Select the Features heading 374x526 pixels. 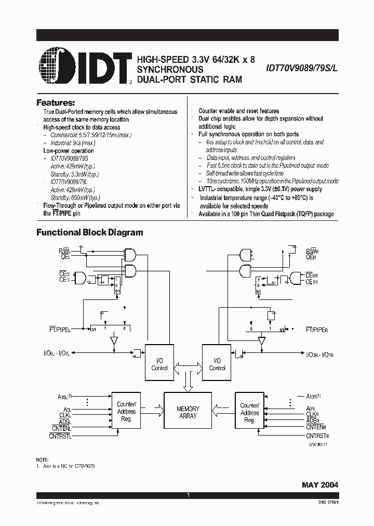point(56,102)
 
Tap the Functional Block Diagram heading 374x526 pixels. point(89,232)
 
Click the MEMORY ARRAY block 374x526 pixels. point(188,412)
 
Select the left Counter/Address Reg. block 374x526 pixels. point(126,412)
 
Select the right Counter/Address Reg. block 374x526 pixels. point(250,412)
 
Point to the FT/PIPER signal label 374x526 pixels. point(317,330)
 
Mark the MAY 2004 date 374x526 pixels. point(320,484)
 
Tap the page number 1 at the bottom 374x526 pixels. point(188,496)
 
